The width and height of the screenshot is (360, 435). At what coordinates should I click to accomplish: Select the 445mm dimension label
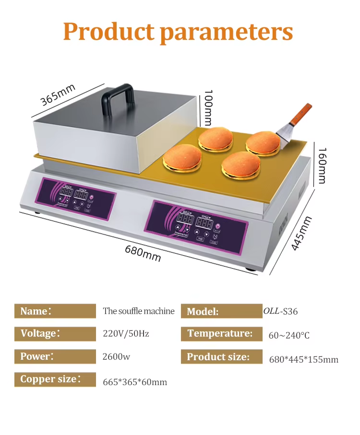point(301,234)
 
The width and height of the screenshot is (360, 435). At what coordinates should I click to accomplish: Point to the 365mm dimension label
point(58,95)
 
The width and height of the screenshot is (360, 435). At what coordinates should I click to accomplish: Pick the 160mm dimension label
point(321,165)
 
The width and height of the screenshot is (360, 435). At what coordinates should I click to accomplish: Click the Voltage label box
point(55,333)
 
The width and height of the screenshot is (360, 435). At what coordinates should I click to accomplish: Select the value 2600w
point(116,357)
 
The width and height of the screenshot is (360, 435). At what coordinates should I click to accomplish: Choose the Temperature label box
point(220,333)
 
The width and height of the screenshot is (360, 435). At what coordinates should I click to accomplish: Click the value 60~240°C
point(289,335)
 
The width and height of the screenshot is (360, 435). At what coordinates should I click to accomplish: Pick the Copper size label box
point(55,379)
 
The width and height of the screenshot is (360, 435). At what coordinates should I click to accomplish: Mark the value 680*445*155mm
point(303,360)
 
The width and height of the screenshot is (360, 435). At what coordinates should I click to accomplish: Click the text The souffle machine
point(138,311)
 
